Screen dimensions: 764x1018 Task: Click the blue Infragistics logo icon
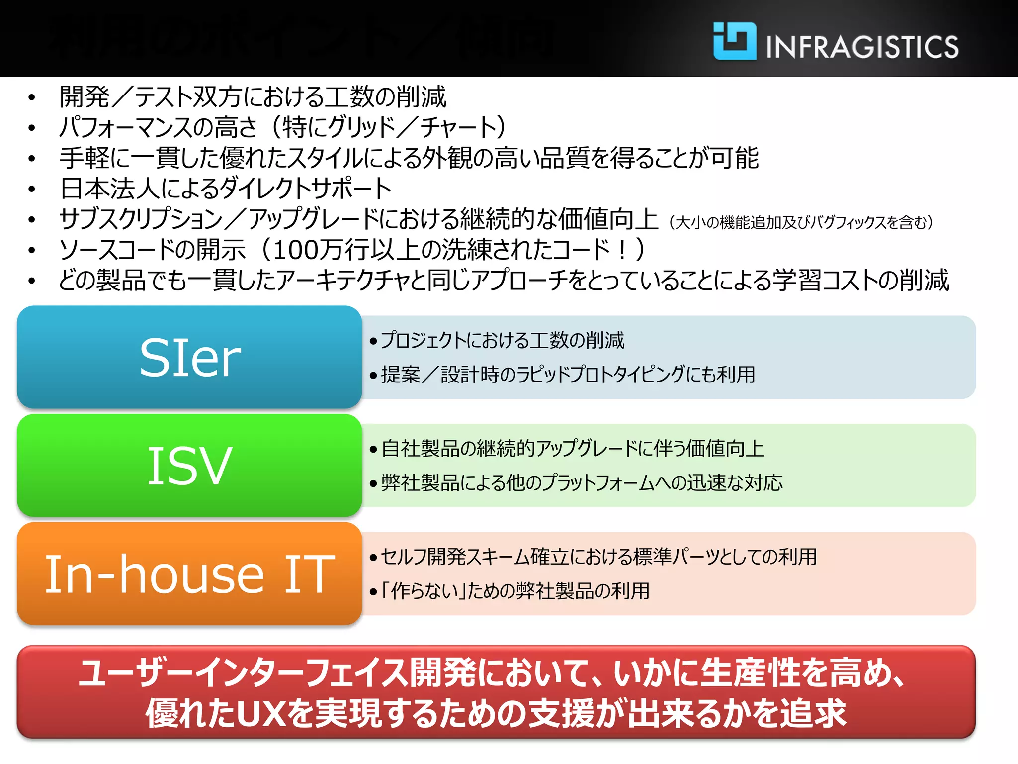pos(734,41)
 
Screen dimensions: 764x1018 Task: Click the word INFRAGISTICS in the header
pos(862,47)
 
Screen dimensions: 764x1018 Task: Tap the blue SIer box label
pos(190,358)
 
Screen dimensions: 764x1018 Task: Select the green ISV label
pos(189,466)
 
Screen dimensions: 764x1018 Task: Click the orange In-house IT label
pos(189,574)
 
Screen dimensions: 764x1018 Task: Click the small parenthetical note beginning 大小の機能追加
pos(800,222)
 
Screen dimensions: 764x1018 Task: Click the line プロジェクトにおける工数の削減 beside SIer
pos(502,341)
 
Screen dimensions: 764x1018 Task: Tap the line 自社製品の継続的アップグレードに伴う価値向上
pos(572,449)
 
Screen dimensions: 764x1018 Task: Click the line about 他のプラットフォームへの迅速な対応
pos(582,483)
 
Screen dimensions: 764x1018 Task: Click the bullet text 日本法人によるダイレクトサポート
pos(226,189)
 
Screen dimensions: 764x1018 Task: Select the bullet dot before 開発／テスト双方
pos(32,97)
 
